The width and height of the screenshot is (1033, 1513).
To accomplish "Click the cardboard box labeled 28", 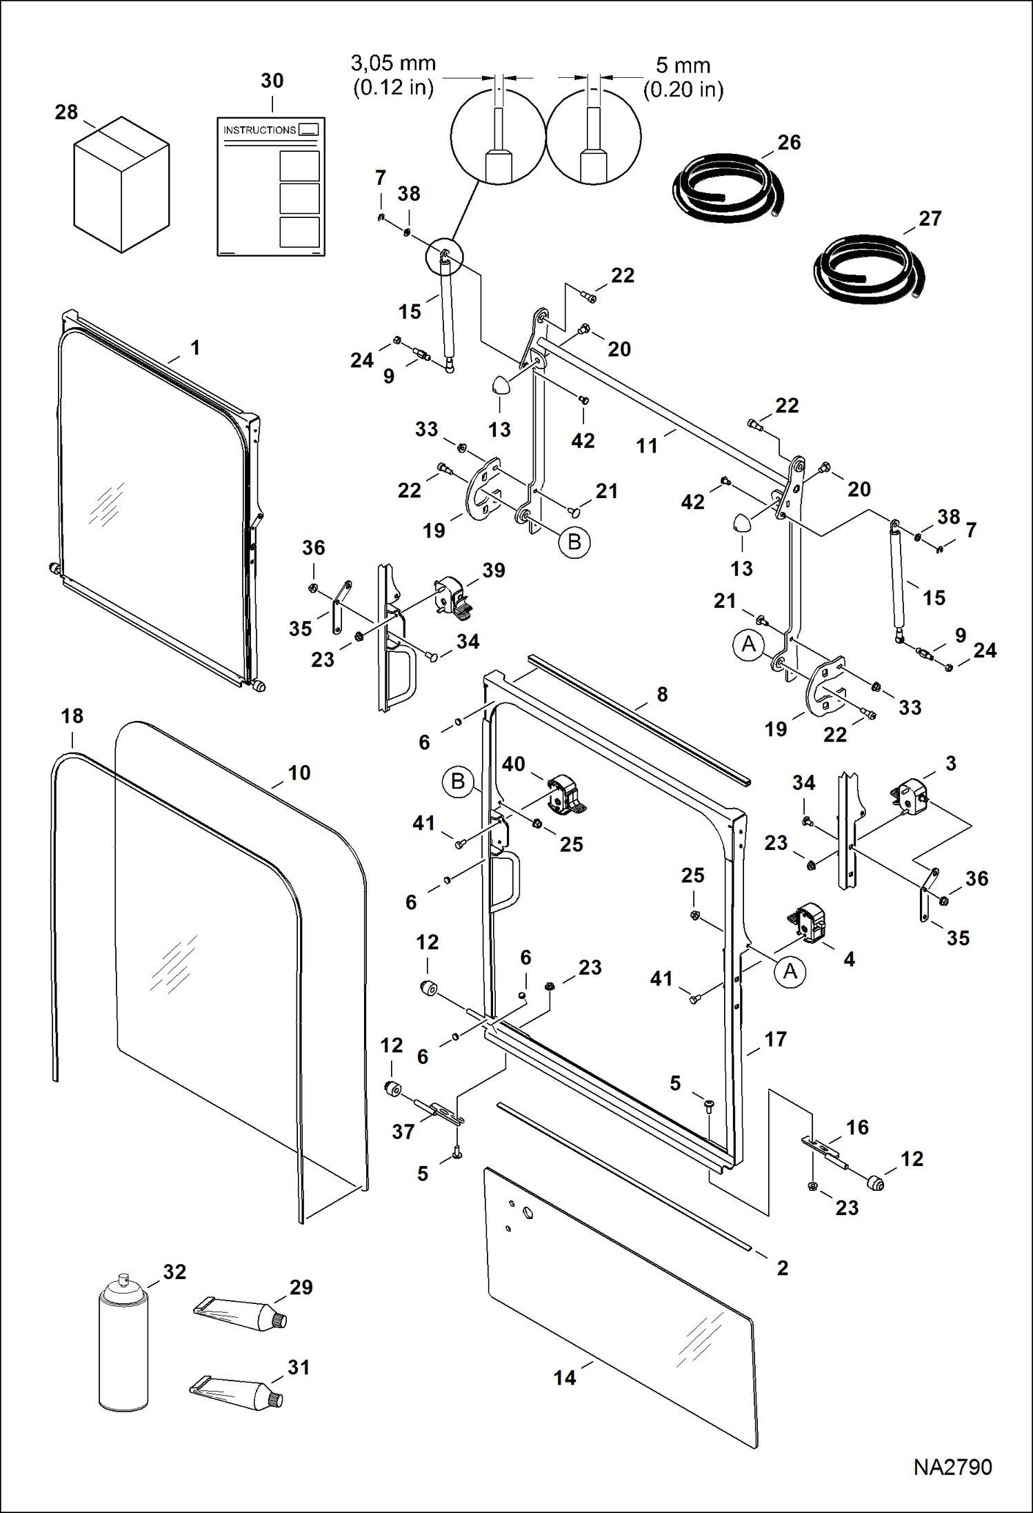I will (121, 184).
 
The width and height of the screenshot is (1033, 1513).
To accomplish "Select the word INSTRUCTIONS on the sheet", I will (259, 130).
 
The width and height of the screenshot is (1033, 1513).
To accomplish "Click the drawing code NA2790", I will (952, 1466).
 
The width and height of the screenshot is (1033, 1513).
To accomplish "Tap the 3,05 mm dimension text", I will (393, 64).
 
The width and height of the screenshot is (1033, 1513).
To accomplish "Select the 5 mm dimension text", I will (683, 66).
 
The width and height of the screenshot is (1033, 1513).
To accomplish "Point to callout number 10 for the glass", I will (299, 773).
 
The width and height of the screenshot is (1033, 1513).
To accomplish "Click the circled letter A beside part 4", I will (790, 971).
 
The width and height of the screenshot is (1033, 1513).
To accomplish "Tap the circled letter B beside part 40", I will (457, 781).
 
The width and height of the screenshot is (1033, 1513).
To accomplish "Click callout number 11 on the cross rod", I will (646, 446).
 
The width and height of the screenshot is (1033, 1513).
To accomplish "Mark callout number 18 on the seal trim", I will (72, 716).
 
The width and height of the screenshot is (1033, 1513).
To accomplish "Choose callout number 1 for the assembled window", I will (195, 347).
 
